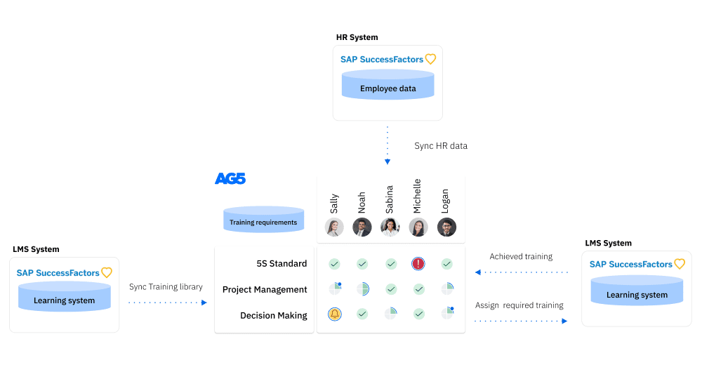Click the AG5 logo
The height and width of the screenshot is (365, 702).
230,179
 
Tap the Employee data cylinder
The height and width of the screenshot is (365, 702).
388,84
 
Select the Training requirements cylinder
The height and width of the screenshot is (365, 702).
263,220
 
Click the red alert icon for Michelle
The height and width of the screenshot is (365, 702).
418,264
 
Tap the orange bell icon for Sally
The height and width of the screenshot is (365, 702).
335,314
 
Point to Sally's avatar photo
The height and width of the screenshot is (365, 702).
334,227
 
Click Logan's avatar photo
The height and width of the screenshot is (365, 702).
446,227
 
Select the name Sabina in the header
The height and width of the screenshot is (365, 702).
390,199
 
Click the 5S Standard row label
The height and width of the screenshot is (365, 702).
282,264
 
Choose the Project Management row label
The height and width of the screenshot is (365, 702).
265,289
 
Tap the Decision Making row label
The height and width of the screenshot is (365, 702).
273,315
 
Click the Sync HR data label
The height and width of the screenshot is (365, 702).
441,146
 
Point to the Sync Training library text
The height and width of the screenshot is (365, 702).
166,286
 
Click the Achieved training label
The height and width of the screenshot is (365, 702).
521,257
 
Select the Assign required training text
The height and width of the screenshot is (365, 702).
519,305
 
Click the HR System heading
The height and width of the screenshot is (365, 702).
357,37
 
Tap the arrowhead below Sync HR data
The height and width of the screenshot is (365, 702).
388,162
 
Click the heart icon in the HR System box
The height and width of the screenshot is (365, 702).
431,60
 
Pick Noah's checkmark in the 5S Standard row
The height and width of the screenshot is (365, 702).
362,264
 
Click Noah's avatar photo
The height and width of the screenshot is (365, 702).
362,227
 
